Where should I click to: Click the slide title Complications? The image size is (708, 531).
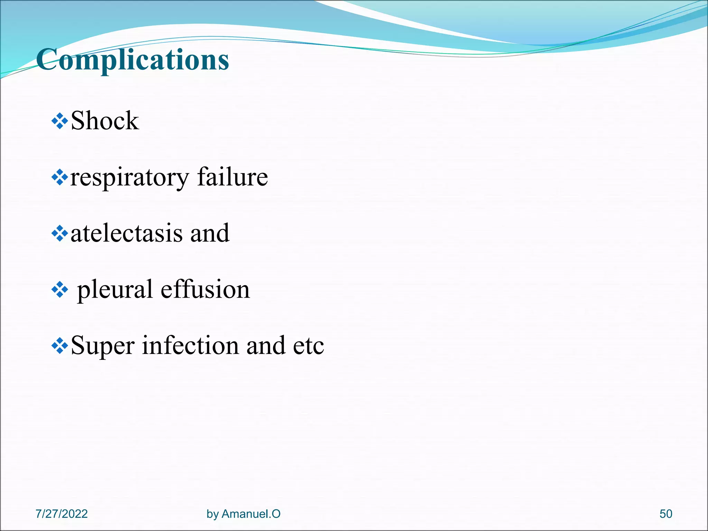pos(132,59)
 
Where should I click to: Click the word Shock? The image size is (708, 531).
pos(104,121)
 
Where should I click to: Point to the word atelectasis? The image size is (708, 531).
pos(126,233)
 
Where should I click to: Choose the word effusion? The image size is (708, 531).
pos(205,289)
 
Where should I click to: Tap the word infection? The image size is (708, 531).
pos(190,345)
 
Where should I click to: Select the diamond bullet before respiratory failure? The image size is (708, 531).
pos(59,178)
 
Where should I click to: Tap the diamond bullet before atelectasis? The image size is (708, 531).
pos(59,234)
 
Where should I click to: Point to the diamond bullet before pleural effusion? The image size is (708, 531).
pos(59,290)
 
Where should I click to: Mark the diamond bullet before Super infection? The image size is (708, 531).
pos(59,346)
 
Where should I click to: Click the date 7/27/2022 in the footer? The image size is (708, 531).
pos(62,514)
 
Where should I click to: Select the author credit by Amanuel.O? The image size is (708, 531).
pos(243,514)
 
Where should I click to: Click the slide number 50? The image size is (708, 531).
pos(666,514)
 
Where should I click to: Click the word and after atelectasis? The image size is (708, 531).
pos(210,233)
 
